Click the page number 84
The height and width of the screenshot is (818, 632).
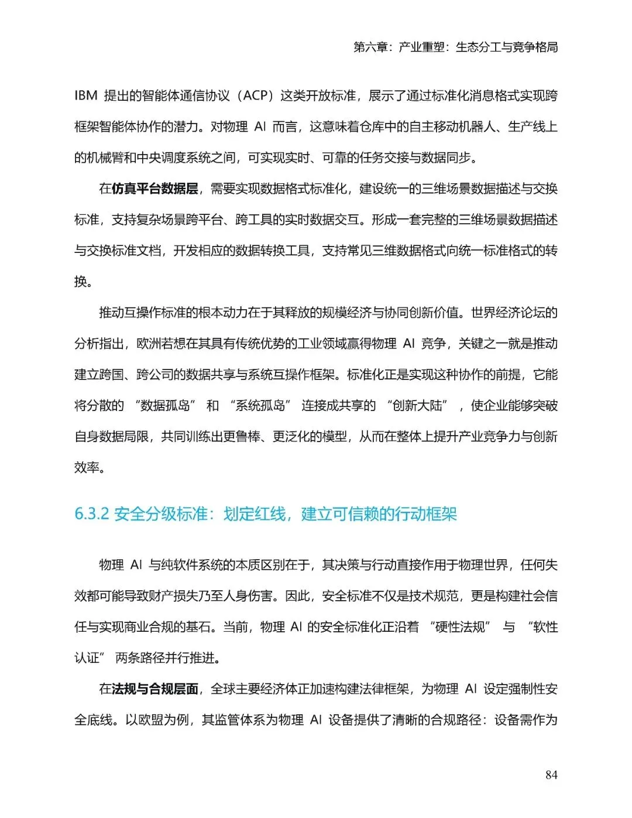(551, 775)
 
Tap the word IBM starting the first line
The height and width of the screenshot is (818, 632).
(86, 95)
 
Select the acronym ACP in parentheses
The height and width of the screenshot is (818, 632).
(255, 95)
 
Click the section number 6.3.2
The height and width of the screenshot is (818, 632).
(92, 514)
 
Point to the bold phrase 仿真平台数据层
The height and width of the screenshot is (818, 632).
(154, 189)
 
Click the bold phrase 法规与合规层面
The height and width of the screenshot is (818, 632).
(155, 689)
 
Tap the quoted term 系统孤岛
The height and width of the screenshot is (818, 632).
(260, 405)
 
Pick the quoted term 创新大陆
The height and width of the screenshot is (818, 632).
(417, 405)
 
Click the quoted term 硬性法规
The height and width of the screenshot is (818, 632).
(460, 627)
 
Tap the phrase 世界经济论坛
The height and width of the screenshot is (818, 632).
(514, 312)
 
